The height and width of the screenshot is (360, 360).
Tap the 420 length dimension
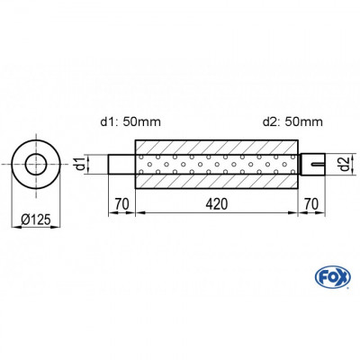pos(216,203)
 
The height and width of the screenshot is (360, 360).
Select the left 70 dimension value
pos(121,203)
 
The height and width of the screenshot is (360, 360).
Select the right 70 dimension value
pos(310,203)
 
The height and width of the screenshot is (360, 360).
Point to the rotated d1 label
pos(80,165)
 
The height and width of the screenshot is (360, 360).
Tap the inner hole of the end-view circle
pos(37,165)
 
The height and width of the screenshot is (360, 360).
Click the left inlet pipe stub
pos(121,165)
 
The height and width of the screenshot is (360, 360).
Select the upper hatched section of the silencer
pos(216,147)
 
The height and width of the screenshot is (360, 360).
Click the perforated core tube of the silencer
pos(216,164)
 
